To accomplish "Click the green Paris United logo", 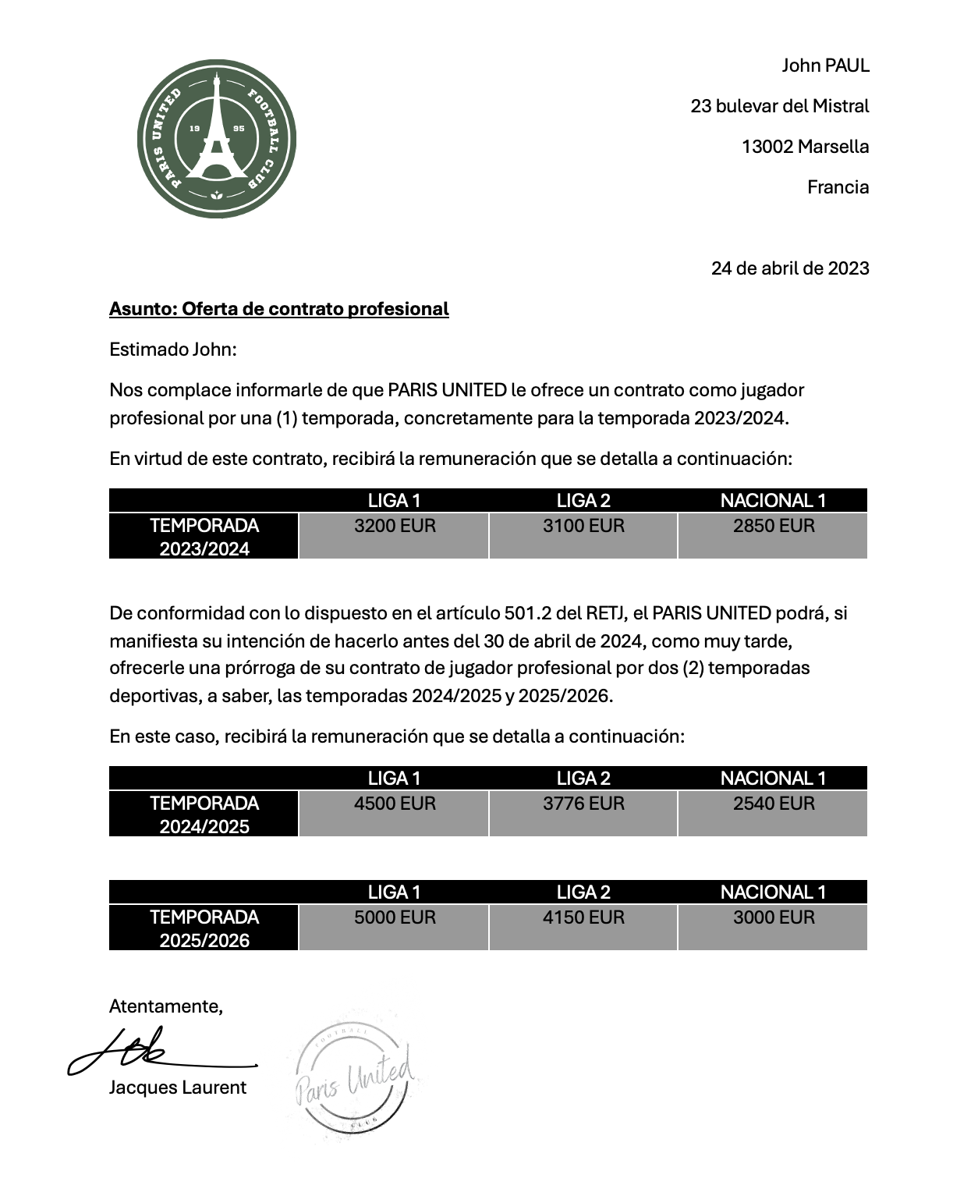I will pyautogui.click(x=217, y=139).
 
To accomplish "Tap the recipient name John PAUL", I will pyautogui.click(x=825, y=66).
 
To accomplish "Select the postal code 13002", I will pyautogui.click(x=767, y=147).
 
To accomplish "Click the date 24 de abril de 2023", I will pyautogui.click(x=789, y=268).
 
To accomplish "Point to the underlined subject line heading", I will pyautogui.click(x=278, y=309).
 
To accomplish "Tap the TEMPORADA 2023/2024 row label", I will pyautogui.click(x=204, y=537).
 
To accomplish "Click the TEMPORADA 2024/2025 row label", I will pyautogui.click(x=204, y=814).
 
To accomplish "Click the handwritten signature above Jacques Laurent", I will pyautogui.click(x=148, y=1052).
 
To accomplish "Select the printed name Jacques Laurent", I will pyautogui.click(x=178, y=1088).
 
